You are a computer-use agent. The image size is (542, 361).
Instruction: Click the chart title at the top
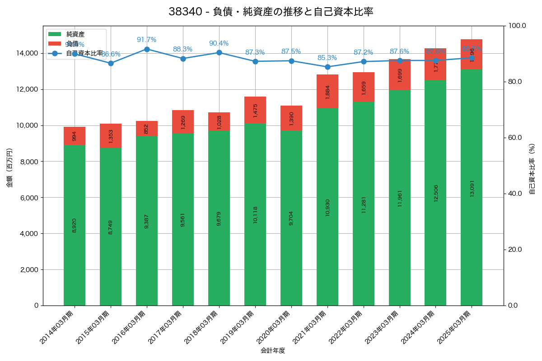pos(271,12)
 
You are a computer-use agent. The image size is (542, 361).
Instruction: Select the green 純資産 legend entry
pos(75,34)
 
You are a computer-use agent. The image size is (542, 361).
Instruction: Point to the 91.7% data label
pos(146,40)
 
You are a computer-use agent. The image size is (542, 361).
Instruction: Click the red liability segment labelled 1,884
pos(327,91)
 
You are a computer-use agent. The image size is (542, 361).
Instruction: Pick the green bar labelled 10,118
pos(255,214)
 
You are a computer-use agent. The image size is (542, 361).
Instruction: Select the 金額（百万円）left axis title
pos(9,168)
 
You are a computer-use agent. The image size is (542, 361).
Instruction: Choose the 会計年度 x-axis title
pos(273,351)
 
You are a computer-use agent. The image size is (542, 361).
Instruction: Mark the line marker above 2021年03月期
pos(327,67)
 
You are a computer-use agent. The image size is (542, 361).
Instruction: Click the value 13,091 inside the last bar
pos(472,187)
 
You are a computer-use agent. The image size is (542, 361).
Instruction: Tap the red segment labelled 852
pos(147,129)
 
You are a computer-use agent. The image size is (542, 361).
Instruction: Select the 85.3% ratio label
pos(327,58)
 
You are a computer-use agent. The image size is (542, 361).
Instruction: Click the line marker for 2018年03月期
pos(219,52)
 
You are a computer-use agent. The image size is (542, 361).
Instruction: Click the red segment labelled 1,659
pos(364,87)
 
